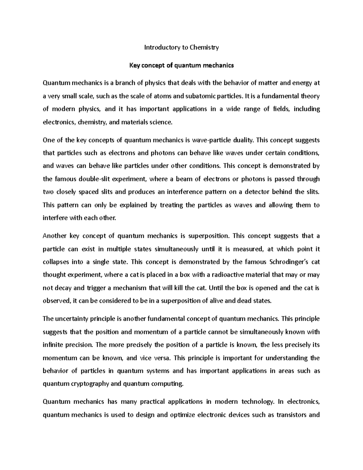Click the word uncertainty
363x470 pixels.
tap(71, 319)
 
